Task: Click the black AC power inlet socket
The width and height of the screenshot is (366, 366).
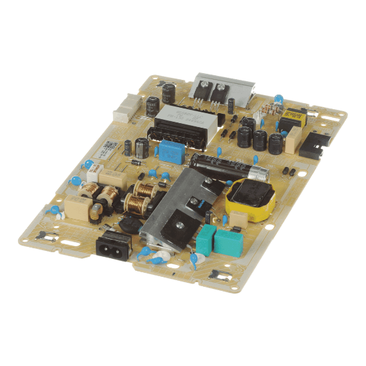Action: (108, 247)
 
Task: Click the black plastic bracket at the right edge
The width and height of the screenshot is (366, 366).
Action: (313, 142)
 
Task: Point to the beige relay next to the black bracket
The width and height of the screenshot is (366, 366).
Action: (293, 140)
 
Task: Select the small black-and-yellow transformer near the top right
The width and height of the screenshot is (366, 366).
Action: (290, 120)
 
